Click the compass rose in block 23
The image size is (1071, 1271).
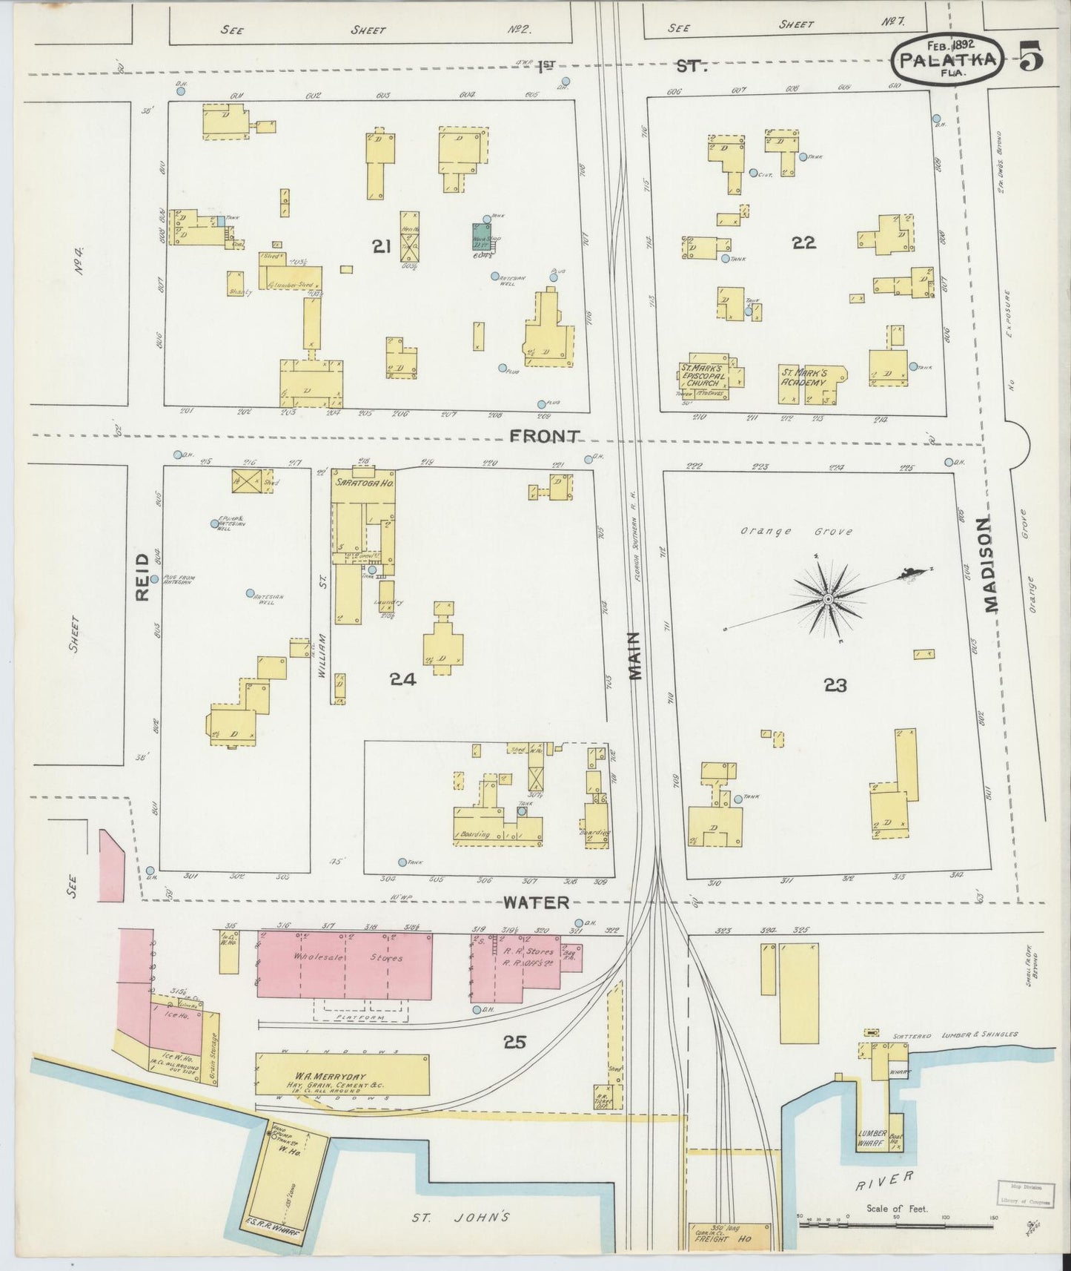827,598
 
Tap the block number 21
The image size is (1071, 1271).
382,248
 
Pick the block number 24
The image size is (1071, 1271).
402,679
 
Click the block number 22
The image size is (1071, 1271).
803,242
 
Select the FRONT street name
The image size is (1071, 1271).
543,437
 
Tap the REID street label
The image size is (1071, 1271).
143,576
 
